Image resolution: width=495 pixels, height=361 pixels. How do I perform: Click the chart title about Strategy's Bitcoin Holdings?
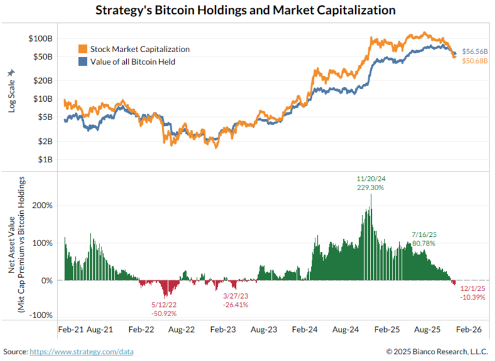click(246, 10)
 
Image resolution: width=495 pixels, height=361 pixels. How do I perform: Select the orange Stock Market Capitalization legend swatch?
click(82, 49)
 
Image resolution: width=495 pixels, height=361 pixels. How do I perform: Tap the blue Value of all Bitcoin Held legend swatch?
click(82, 61)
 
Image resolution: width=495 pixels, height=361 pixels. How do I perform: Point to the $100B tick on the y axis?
click(41, 38)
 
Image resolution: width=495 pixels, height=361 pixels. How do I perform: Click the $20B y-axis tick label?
click(43, 80)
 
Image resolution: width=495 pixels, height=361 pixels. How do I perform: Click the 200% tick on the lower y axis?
click(42, 205)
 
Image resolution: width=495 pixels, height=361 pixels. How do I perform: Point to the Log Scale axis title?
click(11, 91)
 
